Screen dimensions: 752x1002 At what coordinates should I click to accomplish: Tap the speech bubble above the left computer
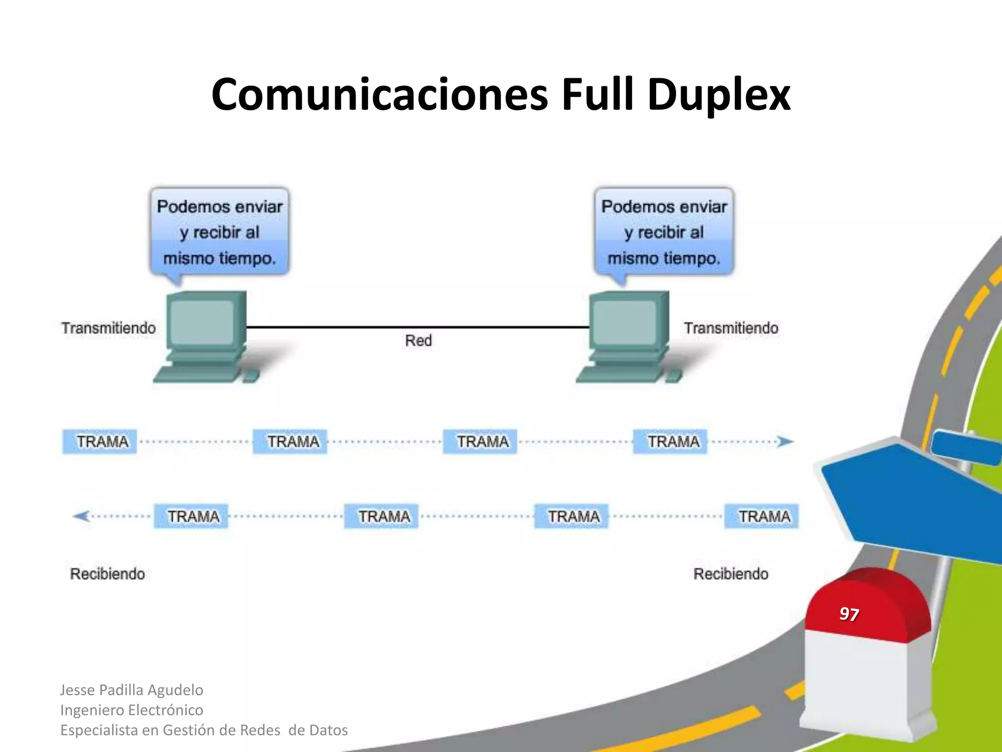[x=220, y=232]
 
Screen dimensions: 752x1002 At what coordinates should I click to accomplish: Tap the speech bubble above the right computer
[x=664, y=232]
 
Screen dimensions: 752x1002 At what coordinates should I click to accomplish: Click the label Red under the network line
[x=418, y=340]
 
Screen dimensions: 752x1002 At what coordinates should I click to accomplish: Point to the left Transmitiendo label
[x=109, y=328]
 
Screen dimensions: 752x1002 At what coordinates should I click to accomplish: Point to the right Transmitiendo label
[x=731, y=328]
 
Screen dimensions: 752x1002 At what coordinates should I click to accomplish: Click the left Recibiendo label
[x=108, y=574]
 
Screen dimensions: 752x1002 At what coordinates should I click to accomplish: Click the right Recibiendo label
[x=731, y=574]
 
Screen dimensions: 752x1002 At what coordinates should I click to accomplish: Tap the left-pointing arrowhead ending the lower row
[x=81, y=516]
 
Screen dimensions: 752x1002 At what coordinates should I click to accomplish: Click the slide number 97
[x=849, y=614]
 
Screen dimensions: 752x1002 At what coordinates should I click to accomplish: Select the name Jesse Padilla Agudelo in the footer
[x=132, y=690]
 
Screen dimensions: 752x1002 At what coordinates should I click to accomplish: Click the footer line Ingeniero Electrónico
[x=132, y=710]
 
